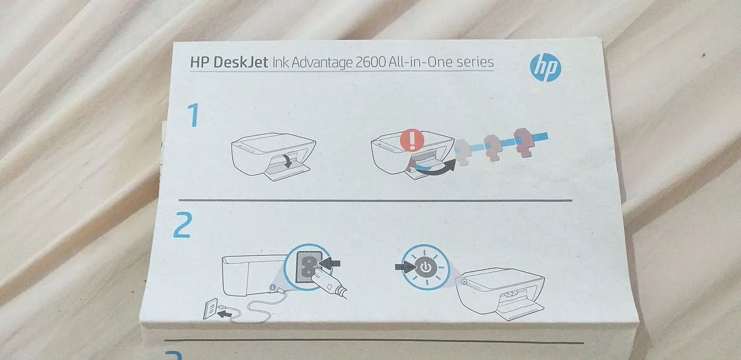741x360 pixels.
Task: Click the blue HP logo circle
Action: point(545,68)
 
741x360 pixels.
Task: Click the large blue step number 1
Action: point(192,116)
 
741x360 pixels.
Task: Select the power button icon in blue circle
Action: point(425,267)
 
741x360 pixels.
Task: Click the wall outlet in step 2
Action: point(210,308)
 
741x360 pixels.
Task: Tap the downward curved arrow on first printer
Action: point(287,161)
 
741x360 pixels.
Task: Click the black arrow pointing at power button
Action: point(404,267)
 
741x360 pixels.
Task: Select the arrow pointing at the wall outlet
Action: point(229,313)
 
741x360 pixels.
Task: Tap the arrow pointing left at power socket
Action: point(330,263)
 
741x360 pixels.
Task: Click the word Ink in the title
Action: point(281,63)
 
